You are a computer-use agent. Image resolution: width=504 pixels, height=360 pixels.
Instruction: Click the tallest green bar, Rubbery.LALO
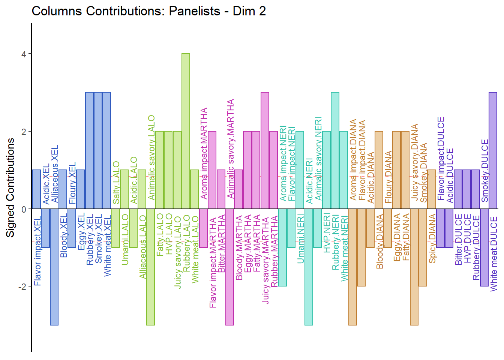(x=186, y=131)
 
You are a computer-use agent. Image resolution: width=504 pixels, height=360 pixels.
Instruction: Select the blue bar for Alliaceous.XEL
(x=54, y=267)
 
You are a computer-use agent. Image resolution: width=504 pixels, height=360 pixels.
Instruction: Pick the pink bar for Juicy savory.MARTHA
(x=265, y=150)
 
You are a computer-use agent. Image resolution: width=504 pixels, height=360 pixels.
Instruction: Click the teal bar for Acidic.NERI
(x=309, y=267)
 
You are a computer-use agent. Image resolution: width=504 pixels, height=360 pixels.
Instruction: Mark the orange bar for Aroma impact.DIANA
(x=352, y=267)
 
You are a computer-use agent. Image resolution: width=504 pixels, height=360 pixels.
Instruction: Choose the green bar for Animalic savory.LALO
(x=150, y=267)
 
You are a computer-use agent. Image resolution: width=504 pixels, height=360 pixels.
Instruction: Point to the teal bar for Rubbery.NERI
(x=335, y=150)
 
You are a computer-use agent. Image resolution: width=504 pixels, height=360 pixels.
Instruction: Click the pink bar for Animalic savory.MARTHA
(x=229, y=267)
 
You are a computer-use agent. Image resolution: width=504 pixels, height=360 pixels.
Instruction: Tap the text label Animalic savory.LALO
(x=151, y=157)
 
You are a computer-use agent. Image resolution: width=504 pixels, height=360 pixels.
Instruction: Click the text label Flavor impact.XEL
(x=37, y=251)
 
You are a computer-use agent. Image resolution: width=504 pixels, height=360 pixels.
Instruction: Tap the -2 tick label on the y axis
(x=22, y=286)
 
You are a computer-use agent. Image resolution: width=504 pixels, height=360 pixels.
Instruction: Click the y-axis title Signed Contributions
(x=10, y=187)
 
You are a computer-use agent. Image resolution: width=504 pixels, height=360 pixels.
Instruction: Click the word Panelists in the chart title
(x=195, y=11)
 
